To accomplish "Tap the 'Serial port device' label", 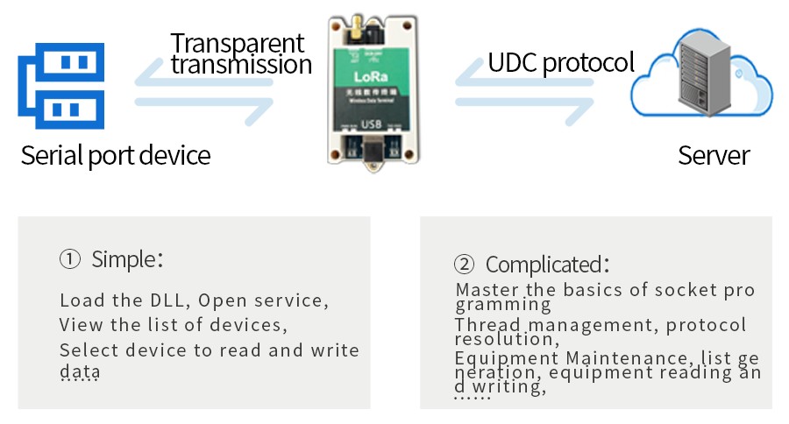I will pyautogui.click(x=116, y=156).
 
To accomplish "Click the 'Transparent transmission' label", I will pyautogui.click(x=239, y=53).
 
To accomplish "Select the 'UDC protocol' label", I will pyautogui.click(x=561, y=63).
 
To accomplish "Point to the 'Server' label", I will pyautogui.click(x=714, y=156).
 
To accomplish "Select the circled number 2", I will pyautogui.click(x=464, y=265).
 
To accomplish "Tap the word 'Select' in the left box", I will pyautogui.click(x=86, y=350).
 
